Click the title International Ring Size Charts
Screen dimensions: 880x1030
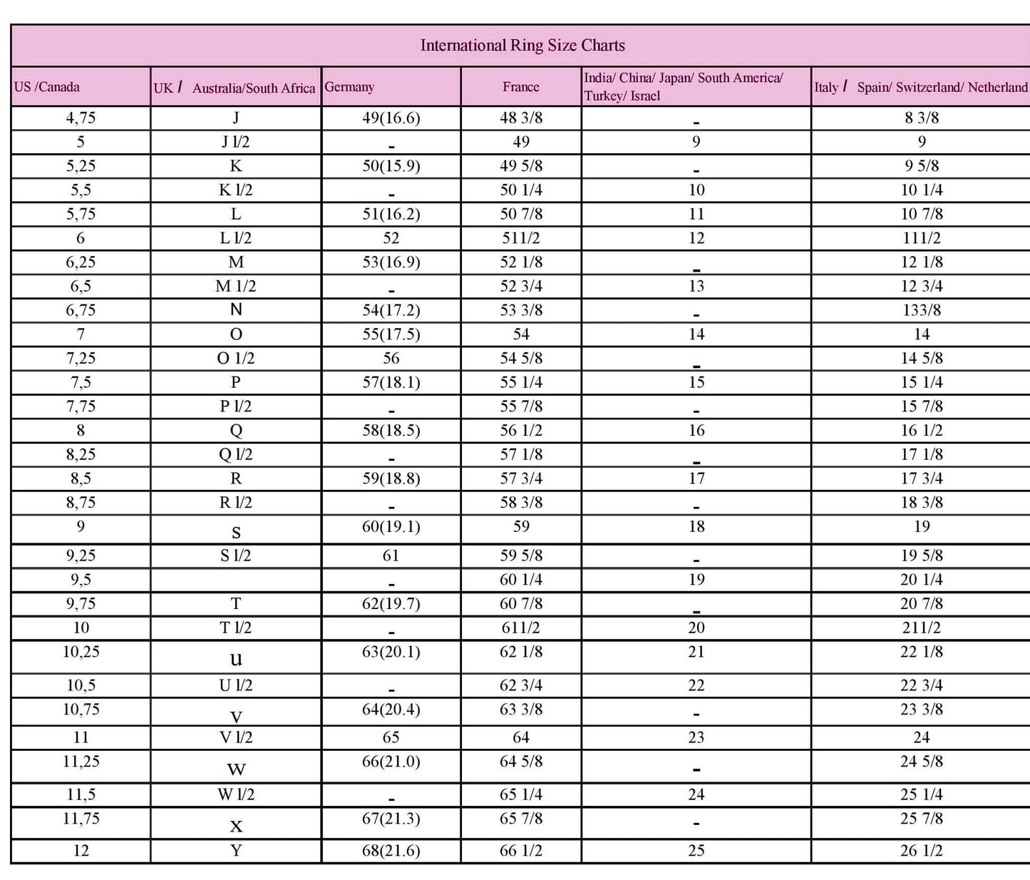(x=522, y=46)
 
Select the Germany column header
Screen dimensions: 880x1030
(x=349, y=87)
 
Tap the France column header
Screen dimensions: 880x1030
(x=520, y=87)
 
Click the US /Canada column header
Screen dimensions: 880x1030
(x=47, y=87)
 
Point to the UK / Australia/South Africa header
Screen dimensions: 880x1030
(x=235, y=88)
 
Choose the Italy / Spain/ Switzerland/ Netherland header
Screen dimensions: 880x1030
(x=921, y=87)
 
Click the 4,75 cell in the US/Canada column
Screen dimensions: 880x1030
(x=81, y=118)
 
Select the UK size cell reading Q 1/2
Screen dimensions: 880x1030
(x=235, y=455)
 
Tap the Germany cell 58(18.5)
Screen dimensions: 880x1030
(x=391, y=431)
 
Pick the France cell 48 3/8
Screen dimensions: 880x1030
(x=521, y=118)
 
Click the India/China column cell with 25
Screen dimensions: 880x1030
(x=696, y=851)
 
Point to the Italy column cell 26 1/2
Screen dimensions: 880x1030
(x=921, y=851)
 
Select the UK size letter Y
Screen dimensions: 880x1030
(x=235, y=851)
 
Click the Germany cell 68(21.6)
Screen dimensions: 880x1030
(x=391, y=851)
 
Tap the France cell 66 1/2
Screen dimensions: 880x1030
(x=521, y=851)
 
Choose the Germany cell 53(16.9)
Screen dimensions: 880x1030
(x=391, y=262)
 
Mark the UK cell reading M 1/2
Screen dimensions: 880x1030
(x=235, y=287)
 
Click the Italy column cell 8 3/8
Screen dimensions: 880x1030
(x=921, y=118)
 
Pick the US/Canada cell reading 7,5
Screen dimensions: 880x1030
(x=81, y=383)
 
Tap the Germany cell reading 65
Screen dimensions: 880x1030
(x=391, y=738)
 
